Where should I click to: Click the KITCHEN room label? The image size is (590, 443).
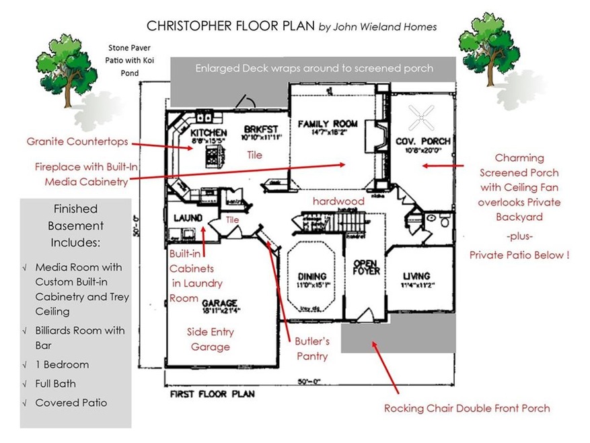click(x=209, y=132)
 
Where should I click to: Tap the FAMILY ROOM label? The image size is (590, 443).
click(x=322, y=123)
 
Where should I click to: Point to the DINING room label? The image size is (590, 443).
click(x=312, y=276)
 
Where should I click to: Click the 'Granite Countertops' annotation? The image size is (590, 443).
click(x=77, y=142)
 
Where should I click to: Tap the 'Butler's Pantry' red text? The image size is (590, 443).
click(x=313, y=348)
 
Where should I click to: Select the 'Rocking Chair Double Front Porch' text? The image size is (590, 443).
click(x=467, y=408)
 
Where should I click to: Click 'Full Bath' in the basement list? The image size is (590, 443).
click(x=55, y=384)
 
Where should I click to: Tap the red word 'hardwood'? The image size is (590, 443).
click(x=338, y=201)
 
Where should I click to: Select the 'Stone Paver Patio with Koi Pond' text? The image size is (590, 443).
click(x=130, y=59)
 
